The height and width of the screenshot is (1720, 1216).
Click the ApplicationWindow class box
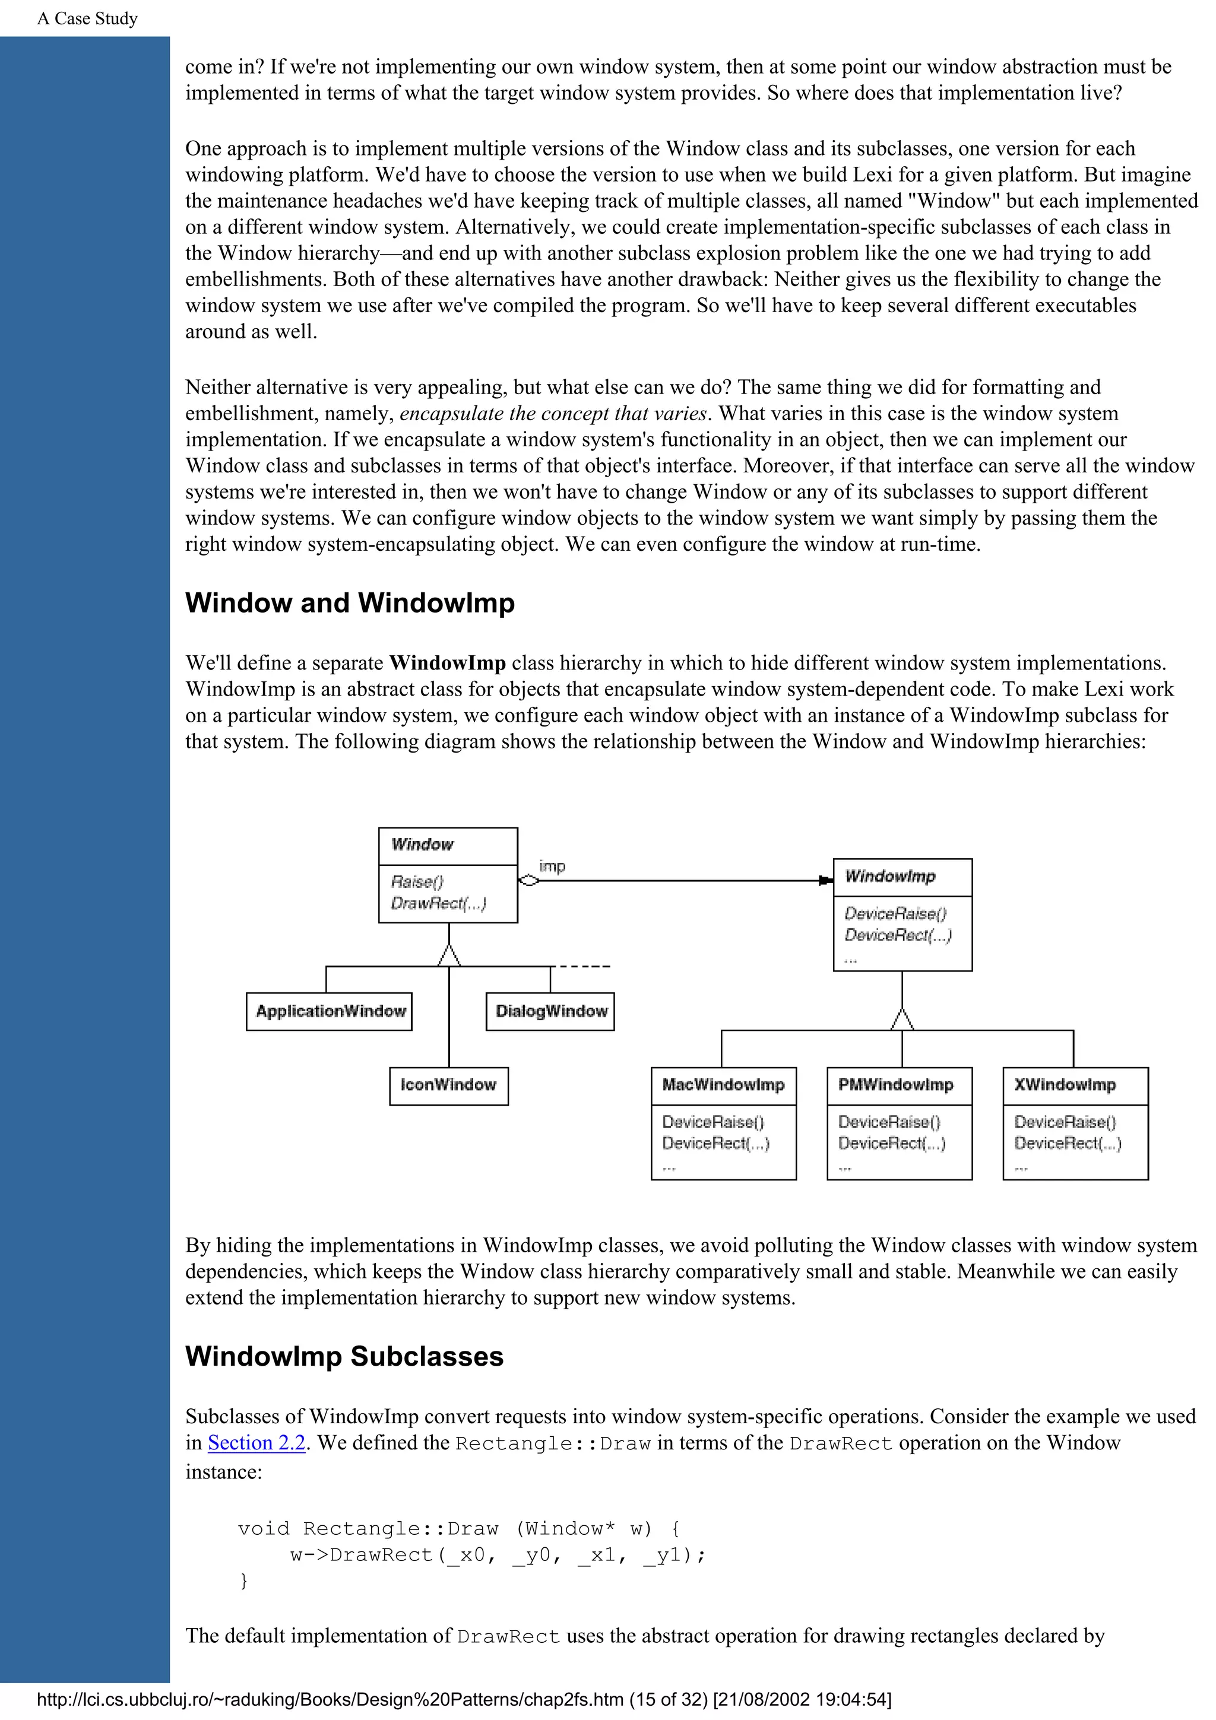coord(329,1011)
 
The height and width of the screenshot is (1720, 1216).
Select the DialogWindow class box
coord(550,1011)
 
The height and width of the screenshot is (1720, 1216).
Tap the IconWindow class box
coord(448,1086)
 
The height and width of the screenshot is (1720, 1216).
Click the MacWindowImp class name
coord(723,1085)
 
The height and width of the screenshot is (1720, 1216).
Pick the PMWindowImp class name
coord(895,1085)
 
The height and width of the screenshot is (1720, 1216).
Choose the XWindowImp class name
coord(1065,1085)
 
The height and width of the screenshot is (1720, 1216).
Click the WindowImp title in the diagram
coord(890,877)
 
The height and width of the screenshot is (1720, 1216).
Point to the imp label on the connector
coord(552,866)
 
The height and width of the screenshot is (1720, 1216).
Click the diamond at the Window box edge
coord(529,881)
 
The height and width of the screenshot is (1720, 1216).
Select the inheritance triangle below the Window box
coord(449,956)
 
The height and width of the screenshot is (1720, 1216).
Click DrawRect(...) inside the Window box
coord(438,903)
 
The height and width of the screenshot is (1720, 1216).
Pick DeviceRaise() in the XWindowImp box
coord(1065,1122)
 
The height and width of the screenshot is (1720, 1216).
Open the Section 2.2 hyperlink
coord(256,1442)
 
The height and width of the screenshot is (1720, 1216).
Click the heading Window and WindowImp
coord(350,603)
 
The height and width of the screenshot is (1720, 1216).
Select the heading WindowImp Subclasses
coord(344,1357)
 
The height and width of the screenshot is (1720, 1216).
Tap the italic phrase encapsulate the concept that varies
coord(553,414)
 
